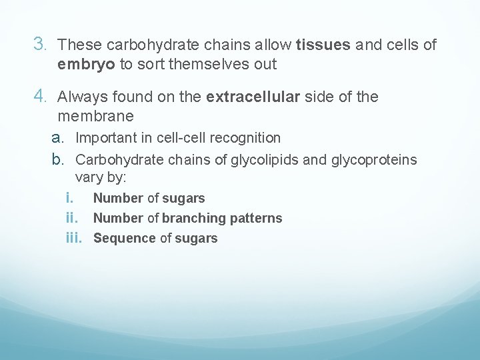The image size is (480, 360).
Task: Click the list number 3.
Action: [x=40, y=45]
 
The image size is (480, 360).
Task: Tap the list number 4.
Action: [x=40, y=97]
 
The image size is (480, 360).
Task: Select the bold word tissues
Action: [x=323, y=45]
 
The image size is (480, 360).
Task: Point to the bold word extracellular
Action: [x=253, y=97]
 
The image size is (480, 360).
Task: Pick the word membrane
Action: [x=95, y=117]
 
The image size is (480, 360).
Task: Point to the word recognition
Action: [x=246, y=138]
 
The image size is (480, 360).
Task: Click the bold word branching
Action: [x=194, y=218]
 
